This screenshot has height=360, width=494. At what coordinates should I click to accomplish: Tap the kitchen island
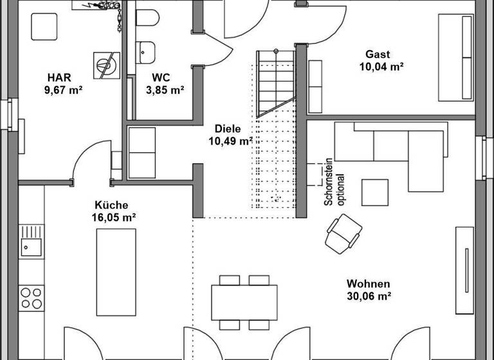[116, 272]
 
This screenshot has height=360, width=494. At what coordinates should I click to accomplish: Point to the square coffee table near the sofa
[374, 192]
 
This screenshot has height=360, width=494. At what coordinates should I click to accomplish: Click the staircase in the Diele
[275, 84]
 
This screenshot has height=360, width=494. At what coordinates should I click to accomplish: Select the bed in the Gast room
[457, 58]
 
